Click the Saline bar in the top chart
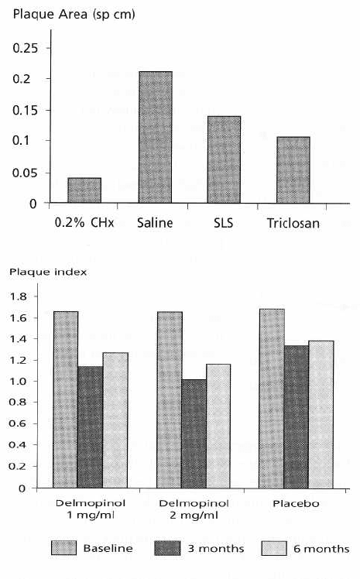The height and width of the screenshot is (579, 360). point(155,137)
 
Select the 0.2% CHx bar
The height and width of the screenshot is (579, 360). point(84,190)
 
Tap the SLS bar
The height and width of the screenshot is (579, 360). point(224,159)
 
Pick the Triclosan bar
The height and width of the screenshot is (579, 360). point(293,170)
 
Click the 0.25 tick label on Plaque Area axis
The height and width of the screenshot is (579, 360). point(25,48)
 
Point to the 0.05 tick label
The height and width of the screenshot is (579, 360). point(25,173)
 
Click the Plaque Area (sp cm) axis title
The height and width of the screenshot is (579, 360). point(74,15)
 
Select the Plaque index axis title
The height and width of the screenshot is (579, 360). point(48,272)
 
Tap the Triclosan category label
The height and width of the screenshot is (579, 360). point(293,223)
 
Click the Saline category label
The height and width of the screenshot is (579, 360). point(155,223)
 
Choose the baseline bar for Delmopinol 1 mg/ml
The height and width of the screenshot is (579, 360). point(65,399)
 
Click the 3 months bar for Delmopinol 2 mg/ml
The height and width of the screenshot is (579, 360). point(194,434)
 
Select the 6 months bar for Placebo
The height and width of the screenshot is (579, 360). point(321,414)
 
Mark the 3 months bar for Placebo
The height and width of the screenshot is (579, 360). point(296,417)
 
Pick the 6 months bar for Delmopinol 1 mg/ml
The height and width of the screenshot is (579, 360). point(115,420)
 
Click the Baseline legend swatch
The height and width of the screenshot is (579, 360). point(64,548)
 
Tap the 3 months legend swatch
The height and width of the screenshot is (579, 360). point(168,548)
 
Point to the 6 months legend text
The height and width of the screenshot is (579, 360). point(321,549)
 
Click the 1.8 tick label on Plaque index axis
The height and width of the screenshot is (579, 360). point(18,296)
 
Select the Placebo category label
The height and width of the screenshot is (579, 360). point(296,503)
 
